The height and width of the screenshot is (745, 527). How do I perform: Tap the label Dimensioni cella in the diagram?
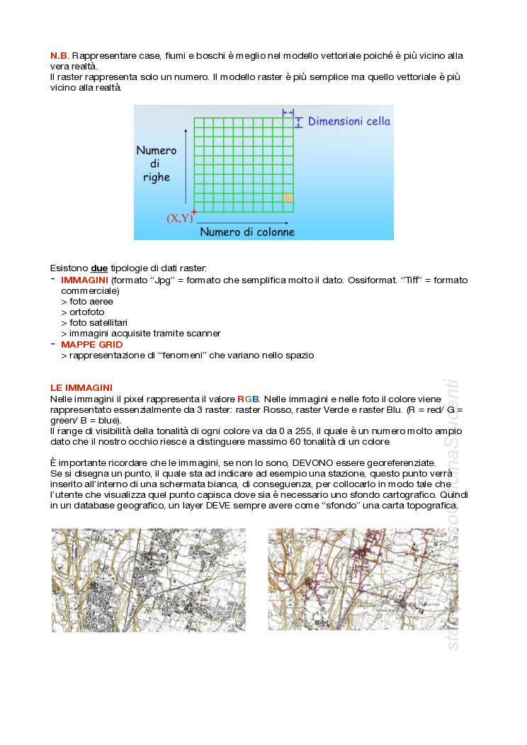pyautogui.click(x=348, y=121)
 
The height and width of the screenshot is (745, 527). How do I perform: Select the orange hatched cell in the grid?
pyautogui.click(x=288, y=198)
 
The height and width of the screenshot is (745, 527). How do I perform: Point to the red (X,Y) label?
pyautogui.click(x=178, y=218)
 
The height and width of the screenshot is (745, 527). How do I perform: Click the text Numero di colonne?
pyautogui.click(x=247, y=232)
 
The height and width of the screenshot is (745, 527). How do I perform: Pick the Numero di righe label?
pyautogui.click(x=157, y=164)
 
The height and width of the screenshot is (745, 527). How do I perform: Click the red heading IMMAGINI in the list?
pyautogui.click(x=84, y=280)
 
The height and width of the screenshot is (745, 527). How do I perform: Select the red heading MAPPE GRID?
pyautogui.click(x=91, y=345)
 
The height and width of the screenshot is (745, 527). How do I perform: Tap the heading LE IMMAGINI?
pyautogui.click(x=81, y=388)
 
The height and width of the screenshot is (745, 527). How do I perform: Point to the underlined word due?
pyautogui.click(x=99, y=268)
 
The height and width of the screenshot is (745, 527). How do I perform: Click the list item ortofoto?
pyautogui.click(x=86, y=312)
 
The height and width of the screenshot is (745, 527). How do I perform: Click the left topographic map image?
pyautogui.click(x=149, y=580)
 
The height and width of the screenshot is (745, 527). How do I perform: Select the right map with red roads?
pyautogui.click(x=363, y=580)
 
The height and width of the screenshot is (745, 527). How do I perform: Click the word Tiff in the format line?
pyautogui.click(x=409, y=280)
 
